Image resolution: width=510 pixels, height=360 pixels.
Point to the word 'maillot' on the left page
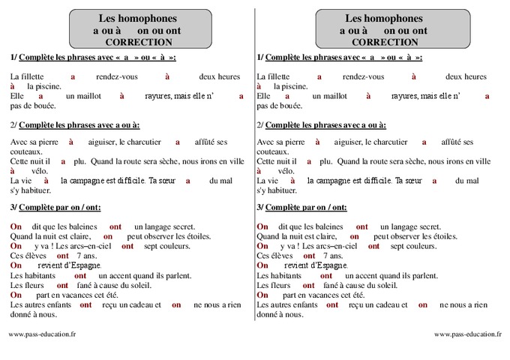(x=81, y=96)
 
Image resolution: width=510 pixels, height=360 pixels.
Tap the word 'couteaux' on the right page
(x=273, y=151)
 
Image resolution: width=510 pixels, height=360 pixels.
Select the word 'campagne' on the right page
(x=343, y=180)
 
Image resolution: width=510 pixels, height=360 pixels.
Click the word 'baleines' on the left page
(x=84, y=226)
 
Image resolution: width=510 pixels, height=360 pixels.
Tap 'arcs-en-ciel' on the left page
(x=94, y=246)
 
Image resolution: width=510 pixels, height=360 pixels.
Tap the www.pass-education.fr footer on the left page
(x=42, y=334)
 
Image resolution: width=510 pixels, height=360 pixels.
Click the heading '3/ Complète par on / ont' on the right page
(x=301, y=207)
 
